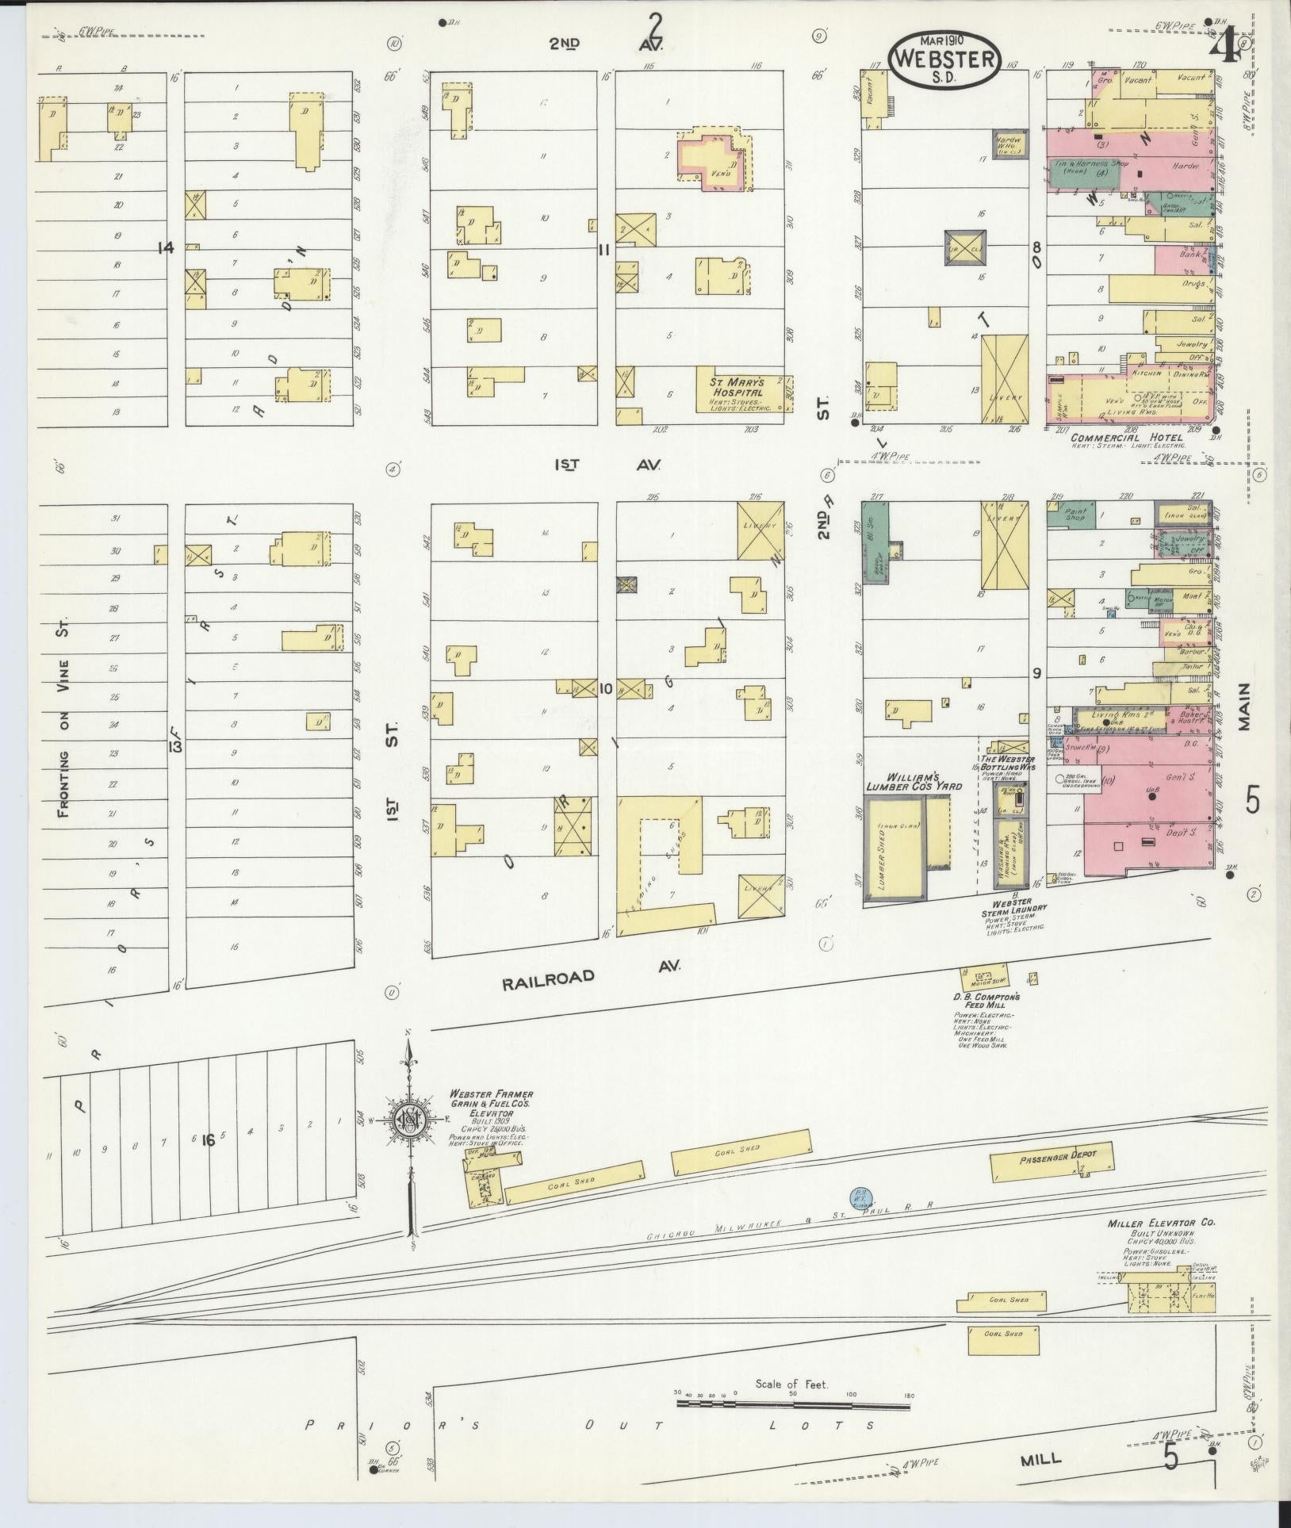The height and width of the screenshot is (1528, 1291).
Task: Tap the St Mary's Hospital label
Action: [x=735, y=386]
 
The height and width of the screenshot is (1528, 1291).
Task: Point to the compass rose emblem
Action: [x=408, y=1121]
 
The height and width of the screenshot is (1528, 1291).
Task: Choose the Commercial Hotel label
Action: [x=1117, y=437]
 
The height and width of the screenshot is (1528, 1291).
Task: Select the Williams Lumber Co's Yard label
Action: [x=914, y=781]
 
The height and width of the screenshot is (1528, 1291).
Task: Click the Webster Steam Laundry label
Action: [x=1013, y=907]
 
